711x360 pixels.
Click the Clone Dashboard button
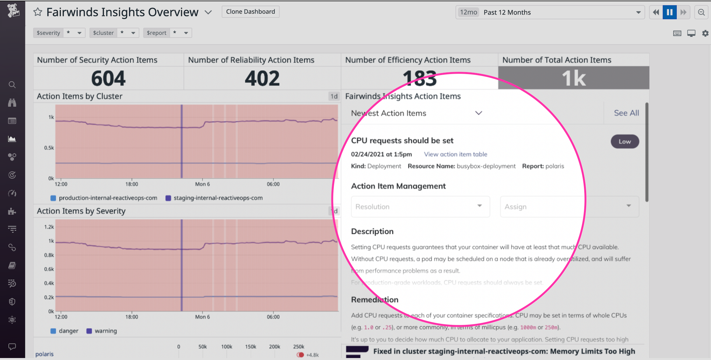click(x=250, y=12)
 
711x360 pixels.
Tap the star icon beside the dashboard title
click(x=38, y=13)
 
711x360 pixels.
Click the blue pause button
click(x=669, y=13)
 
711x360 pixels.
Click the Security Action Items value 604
click(x=108, y=78)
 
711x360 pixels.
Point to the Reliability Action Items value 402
click(x=262, y=78)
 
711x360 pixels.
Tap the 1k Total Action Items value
click(x=573, y=78)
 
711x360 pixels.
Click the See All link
click(x=626, y=113)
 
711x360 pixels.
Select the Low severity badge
click(x=624, y=141)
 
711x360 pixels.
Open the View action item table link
click(x=455, y=154)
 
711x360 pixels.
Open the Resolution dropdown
click(x=420, y=207)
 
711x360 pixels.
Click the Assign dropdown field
click(x=569, y=207)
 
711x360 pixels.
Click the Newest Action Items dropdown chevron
click(x=479, y=113)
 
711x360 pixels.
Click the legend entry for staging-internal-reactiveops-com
click(x=218, y=198)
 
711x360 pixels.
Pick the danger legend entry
click(x=68, y=331)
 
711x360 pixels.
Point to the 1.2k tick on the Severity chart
click(x=49, y=227)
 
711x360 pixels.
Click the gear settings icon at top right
click(x=705, y=33)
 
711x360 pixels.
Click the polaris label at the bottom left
click(x=44, y=354)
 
